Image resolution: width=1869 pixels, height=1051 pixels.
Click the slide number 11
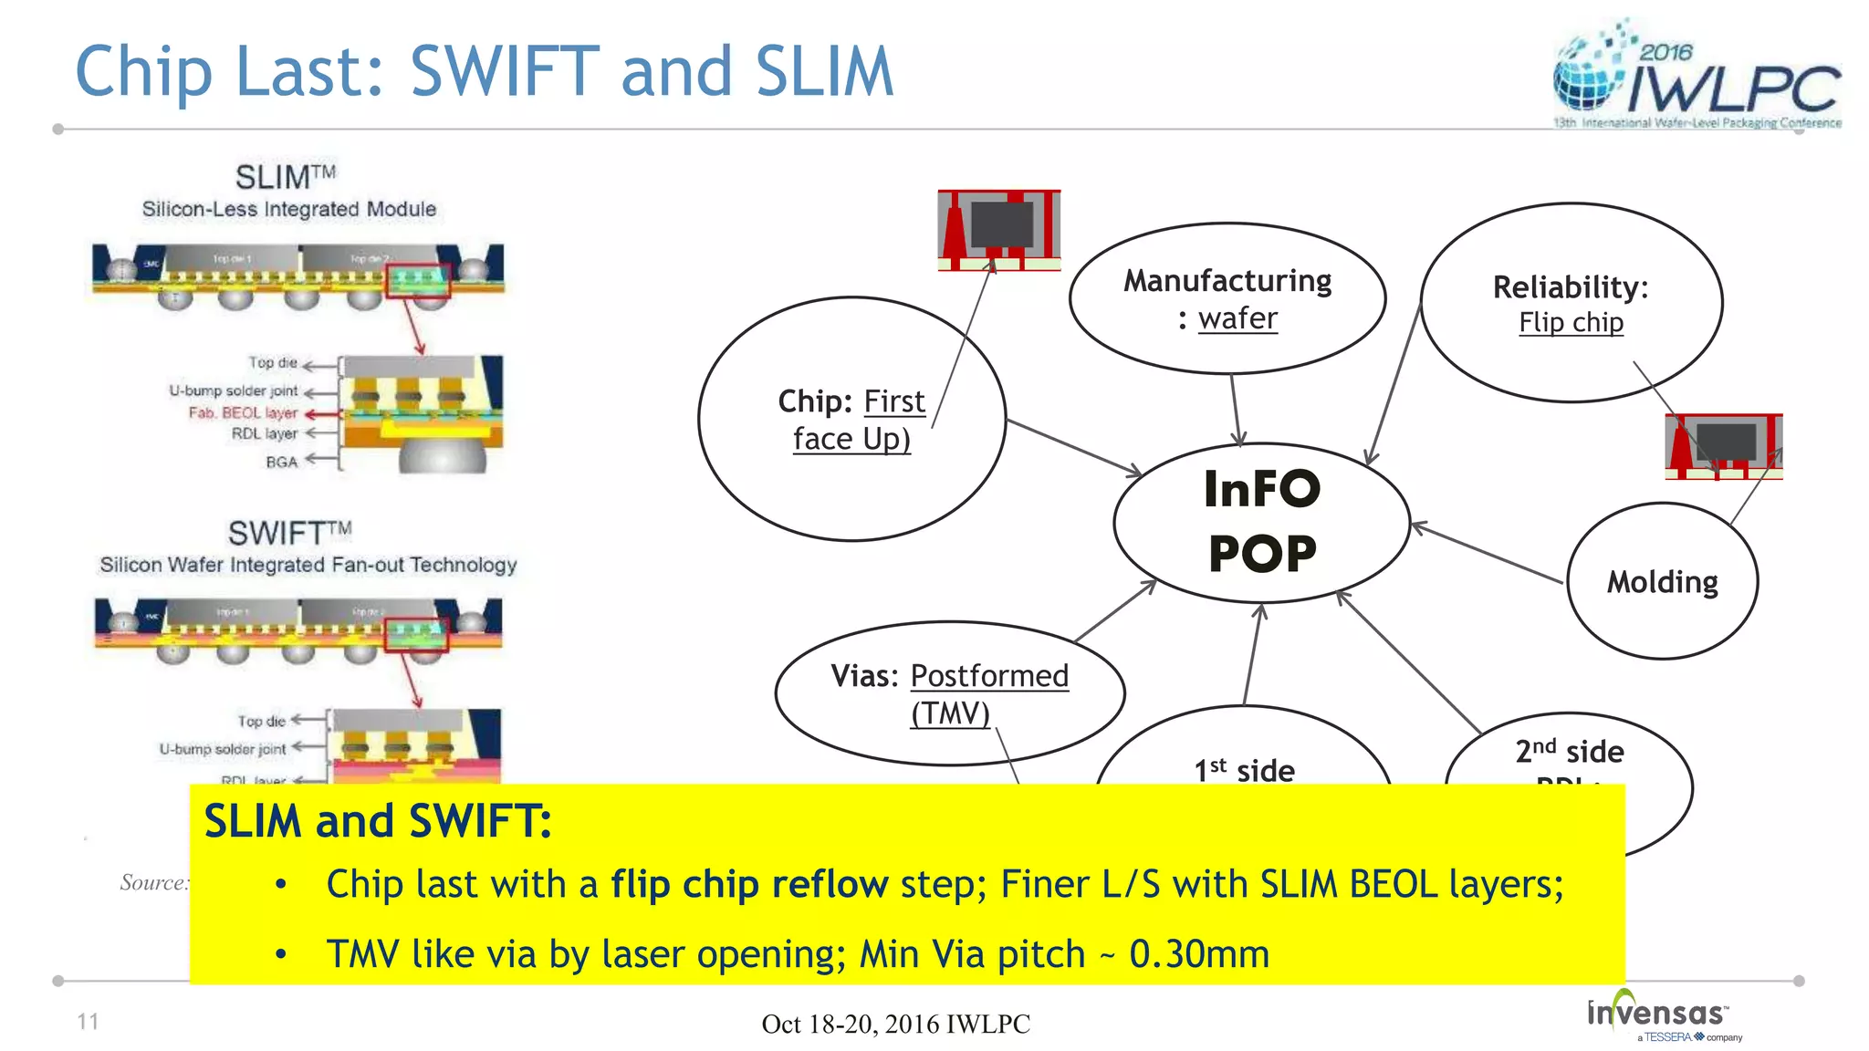click(88, 1021)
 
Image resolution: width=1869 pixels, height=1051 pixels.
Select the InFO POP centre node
click(1261, 522)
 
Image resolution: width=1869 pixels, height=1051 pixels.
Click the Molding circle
click(1662, 581)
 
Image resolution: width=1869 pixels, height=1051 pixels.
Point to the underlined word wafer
click(1237, 318)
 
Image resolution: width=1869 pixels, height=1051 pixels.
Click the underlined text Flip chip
click(1571, 322)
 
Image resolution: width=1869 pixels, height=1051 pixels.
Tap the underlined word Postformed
click(989, 675)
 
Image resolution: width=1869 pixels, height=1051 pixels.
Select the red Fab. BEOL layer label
click(243, 412)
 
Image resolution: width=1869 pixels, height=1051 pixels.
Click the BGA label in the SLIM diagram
click(282, 462)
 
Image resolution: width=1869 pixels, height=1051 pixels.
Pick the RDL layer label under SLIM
click(265, 433)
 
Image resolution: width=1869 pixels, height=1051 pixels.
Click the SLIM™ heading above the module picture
click(285, 176)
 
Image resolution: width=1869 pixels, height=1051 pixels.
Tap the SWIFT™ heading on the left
click(288, 532)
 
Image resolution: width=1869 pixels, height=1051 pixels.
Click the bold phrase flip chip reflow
click(749, 884)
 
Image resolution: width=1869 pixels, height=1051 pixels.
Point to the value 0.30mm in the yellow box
click(1198, 954)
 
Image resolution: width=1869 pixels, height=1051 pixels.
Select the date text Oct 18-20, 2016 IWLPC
click(895, 1024)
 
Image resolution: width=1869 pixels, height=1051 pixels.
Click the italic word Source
click(152, 882)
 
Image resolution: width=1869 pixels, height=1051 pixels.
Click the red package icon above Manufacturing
click(999, 230)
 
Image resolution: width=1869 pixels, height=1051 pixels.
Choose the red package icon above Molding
click(1723, 446)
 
